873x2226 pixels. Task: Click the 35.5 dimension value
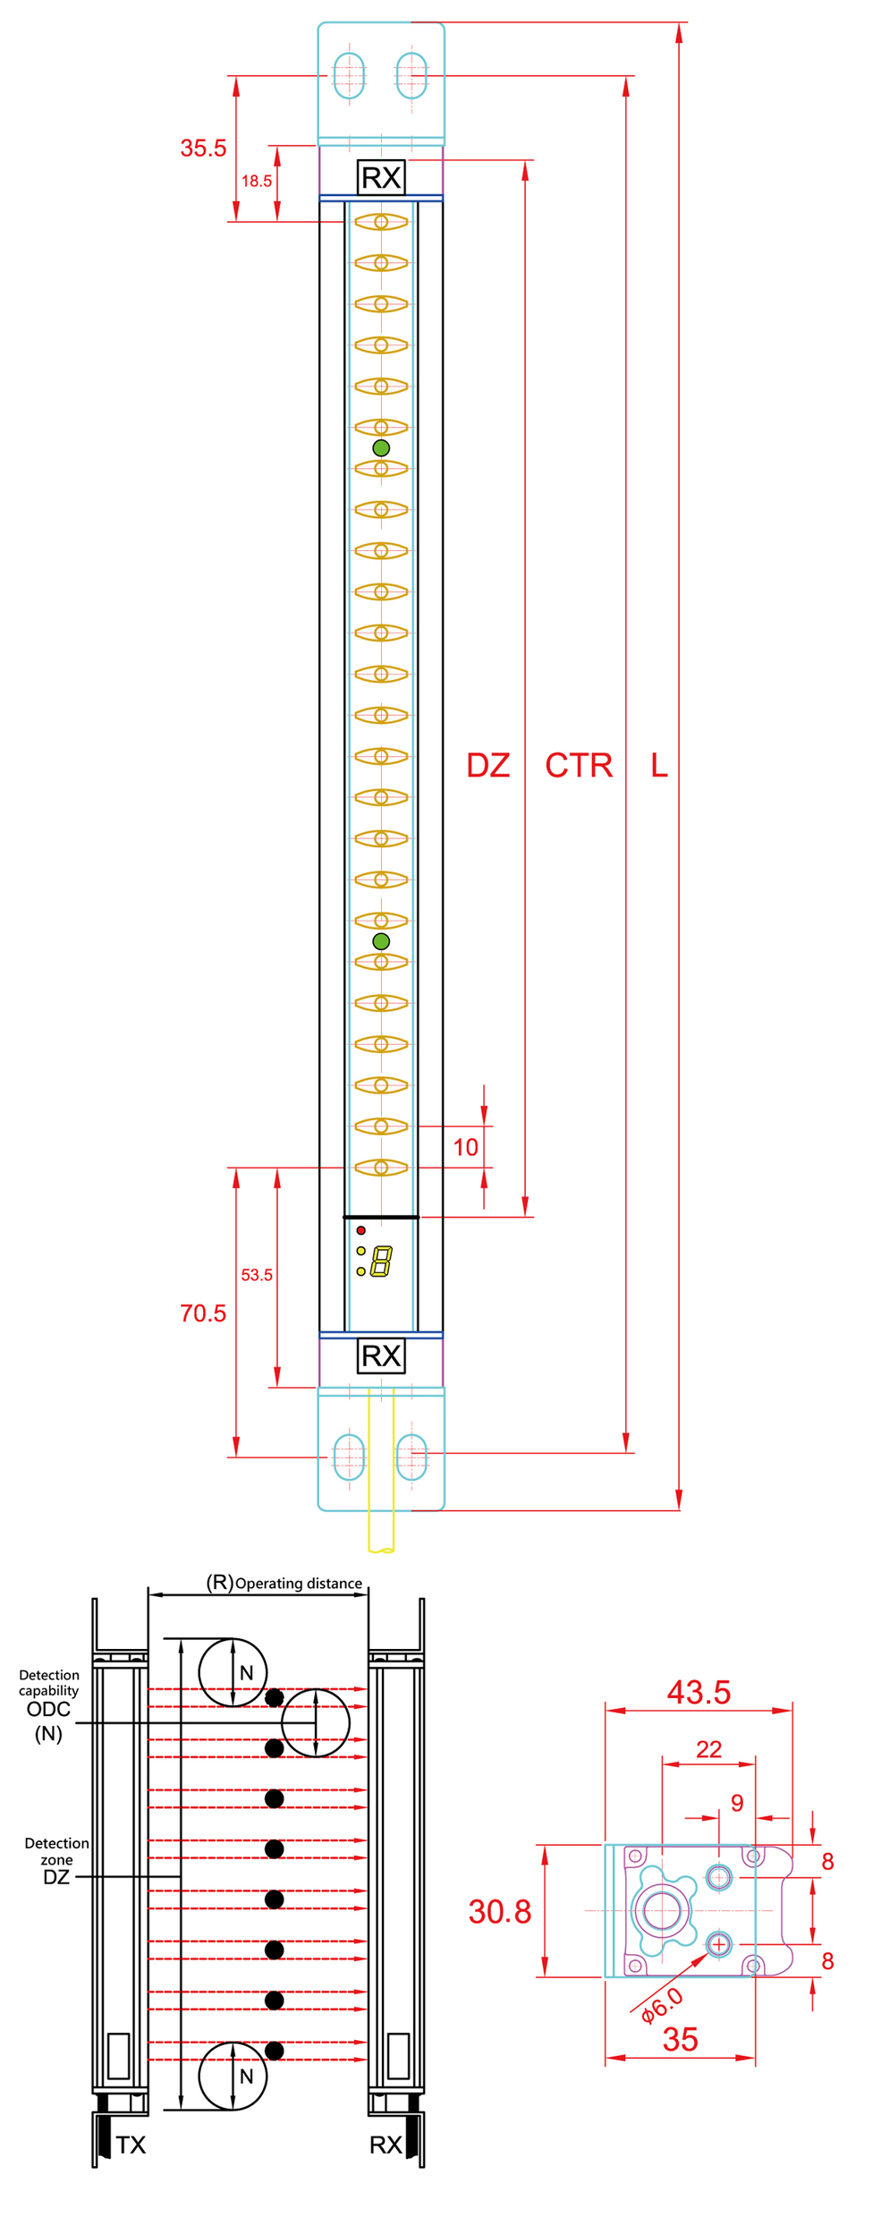point(203,149)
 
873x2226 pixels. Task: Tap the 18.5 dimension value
point(257,181)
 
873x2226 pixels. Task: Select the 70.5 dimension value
point(203,1313)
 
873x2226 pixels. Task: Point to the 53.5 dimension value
point(257,1275)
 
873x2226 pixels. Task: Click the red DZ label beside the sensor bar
point(488,766)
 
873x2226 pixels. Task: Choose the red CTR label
point(580,766)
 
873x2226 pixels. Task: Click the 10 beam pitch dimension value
point(466,1148)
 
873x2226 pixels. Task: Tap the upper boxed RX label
point(381,178)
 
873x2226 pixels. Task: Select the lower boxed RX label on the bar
point(381,1356)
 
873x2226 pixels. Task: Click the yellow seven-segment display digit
point(382,1262)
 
